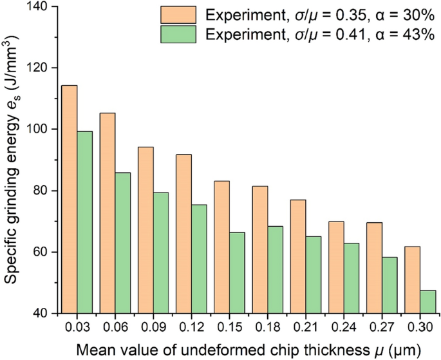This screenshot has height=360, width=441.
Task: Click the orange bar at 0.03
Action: pos(70,199)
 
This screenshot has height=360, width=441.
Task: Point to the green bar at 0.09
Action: pos(161,252)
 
